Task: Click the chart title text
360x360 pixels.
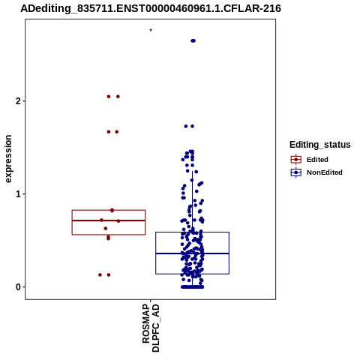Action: (x=151, y=8)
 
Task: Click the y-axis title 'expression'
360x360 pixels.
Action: (x=8, y=159)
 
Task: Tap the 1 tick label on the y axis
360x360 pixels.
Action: (x=18, y=194)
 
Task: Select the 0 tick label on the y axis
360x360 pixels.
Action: (x=18, y=287)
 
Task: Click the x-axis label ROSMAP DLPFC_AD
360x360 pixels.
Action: (x=151, y=328)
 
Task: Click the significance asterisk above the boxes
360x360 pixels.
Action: (x=151, y=31)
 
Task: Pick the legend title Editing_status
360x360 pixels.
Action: (x=320, y=145)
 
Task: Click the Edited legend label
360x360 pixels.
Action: (x=317, y=160)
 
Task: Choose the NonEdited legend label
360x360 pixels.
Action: (x=325, y=172)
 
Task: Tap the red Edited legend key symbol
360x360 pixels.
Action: (x=296, y=160)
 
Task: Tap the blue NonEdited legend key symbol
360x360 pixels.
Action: (x=296, y=172)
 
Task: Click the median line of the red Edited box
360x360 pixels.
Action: (x=109, y=220)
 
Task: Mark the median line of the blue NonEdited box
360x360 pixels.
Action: (x=193, y=253)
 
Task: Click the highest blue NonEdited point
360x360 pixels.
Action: (x=193, y=40)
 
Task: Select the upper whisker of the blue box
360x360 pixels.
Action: (x=193, y=202)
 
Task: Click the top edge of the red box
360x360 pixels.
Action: (x=109, y=210)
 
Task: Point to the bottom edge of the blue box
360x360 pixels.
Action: (x=193, y=274)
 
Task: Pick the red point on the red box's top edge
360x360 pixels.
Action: (x=112, y=210)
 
